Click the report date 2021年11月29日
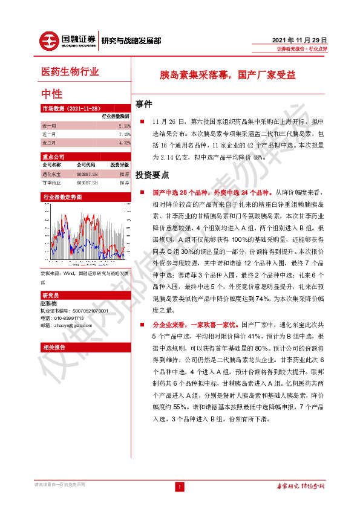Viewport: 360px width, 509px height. [x=300, y=38]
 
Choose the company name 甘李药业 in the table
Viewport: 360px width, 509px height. [x=51, y=182]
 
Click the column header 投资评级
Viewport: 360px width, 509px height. [x=119, y=164]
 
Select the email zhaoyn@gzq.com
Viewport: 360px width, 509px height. [x=68, y=325]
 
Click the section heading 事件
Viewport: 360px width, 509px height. [x=144, y=103]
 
